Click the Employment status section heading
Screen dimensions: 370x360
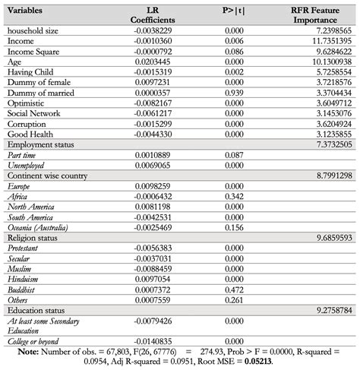coord(41,143)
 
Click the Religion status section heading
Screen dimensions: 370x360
coord(36,237)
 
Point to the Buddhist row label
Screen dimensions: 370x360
coord(24,289)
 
